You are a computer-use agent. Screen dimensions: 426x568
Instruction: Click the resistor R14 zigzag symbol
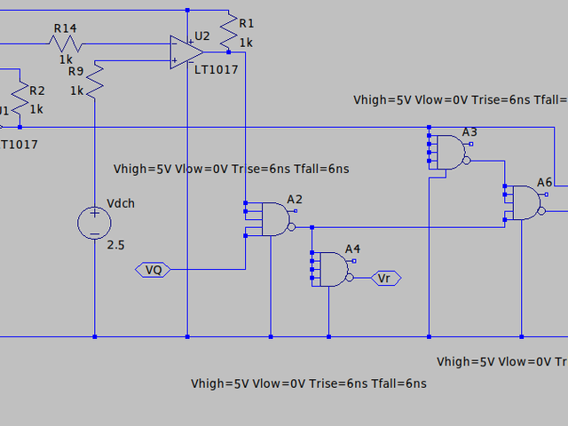click(x=67, y=42)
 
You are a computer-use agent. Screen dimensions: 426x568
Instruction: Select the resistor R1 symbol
click(x=228, y=33)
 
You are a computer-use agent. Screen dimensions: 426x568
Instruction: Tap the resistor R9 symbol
click(x=94, y=83)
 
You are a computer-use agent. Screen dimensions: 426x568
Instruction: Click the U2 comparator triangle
click(x=186, y=51)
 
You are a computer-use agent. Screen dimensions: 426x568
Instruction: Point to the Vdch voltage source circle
click(x=94, y=221)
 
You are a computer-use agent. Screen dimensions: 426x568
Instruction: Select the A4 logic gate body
click(x=332, y=268)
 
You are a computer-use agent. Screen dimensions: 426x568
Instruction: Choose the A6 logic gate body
click(x=525, y=203)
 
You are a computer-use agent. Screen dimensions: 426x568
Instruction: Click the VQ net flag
click(x=154, y=269)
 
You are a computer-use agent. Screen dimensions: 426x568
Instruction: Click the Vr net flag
click(x=384, y=279)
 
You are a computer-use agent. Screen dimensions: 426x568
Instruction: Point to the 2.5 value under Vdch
click(x=116, y=244)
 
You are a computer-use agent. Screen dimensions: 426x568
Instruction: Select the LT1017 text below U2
click(x=217, y=69)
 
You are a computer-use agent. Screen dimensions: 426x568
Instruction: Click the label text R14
click(x=65, y=28)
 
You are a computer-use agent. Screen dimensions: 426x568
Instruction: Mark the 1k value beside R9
click(x=76, y=91)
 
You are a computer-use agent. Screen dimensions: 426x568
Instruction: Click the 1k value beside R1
click(x=246, y=42)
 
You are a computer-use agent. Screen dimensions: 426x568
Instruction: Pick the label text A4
click(x=353, y=248)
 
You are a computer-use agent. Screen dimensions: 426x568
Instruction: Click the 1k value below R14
click(x=66, y=59)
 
